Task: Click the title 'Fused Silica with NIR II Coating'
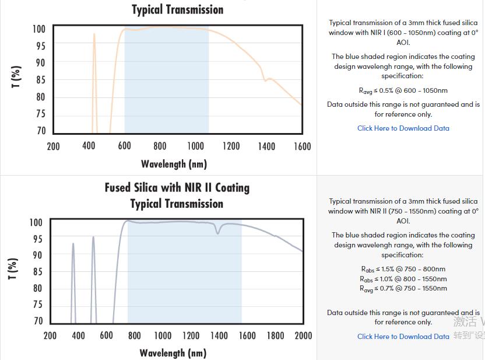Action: pos(177,188)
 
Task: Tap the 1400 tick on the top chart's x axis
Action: pos(266,146)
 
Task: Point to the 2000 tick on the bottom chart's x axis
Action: pos(303,335)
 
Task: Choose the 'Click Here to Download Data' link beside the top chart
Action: pos(403,128)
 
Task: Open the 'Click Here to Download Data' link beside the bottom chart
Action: pos(403,337)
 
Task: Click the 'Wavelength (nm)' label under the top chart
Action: pos(174,164)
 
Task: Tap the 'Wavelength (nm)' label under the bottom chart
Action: pos(173,353)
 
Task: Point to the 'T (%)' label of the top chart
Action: pos(16,77)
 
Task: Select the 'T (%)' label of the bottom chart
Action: pos(13,268)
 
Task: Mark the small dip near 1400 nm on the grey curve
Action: pos(219,232)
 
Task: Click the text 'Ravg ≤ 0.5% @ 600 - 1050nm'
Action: pos(403,90)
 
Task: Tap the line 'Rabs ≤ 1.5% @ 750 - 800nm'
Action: pos(403,269)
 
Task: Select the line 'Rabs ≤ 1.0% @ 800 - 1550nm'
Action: pos(403,279)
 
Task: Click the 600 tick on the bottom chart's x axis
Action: pos(106,335)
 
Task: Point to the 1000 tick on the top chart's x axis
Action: pos(195,146)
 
